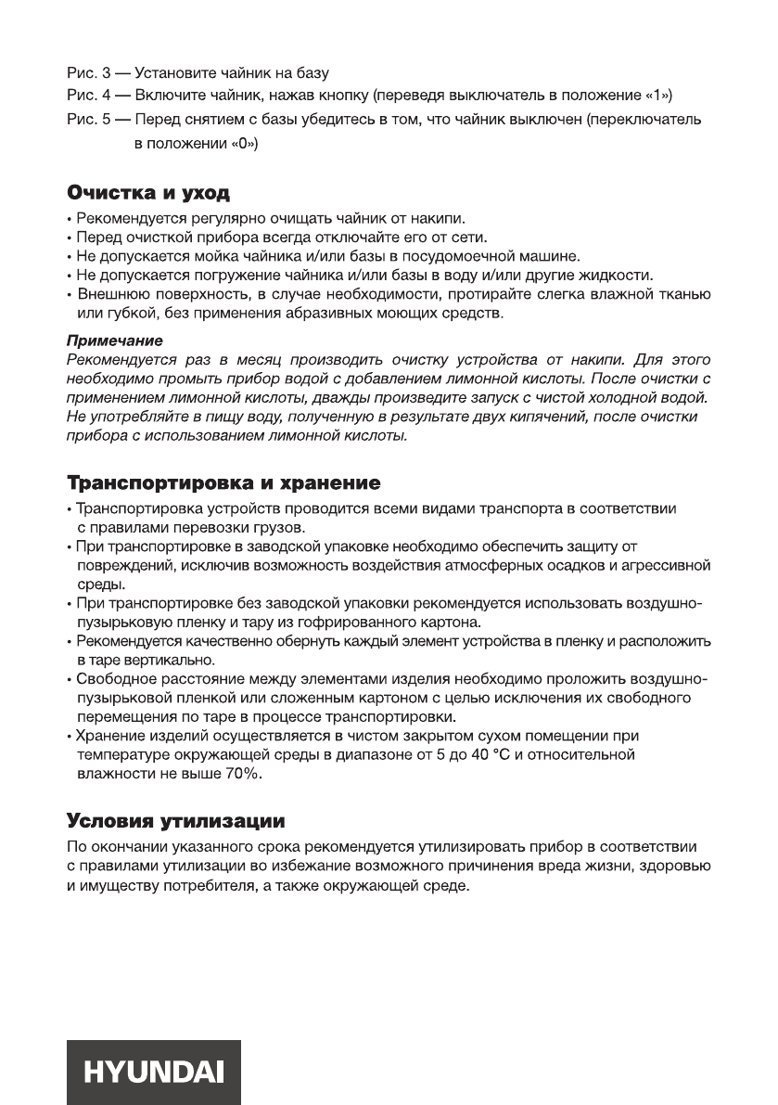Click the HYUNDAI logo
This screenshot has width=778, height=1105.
click(x=153, y=1073)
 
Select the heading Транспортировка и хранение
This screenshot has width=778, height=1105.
click(x=223, y=484)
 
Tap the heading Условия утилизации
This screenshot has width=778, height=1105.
click(x=175, y=821)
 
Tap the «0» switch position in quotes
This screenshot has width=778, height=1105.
click(x=241, y=144)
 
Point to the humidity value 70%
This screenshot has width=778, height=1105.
click(x=243, y=773)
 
